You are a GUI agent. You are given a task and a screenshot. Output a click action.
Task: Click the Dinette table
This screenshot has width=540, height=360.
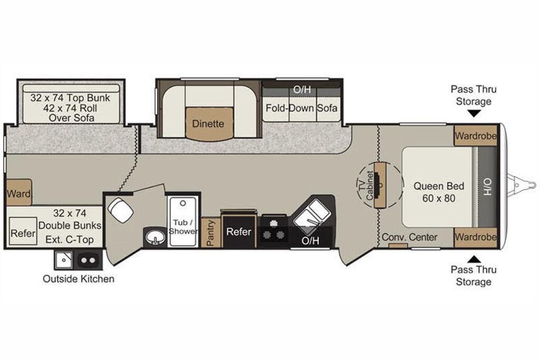[208, 124]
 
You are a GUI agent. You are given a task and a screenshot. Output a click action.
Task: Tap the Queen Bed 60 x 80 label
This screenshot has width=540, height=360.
[439, 192]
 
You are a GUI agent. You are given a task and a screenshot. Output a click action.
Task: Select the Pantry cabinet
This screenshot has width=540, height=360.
[211, 232]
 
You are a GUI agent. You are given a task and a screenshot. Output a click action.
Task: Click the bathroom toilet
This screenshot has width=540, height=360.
[120, 210]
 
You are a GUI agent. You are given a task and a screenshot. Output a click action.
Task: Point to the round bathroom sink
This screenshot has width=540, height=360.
[155, 237]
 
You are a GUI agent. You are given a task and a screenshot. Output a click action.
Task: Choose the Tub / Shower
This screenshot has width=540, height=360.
[183, 221]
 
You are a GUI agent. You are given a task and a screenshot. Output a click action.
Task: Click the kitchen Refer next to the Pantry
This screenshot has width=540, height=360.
[239, 231]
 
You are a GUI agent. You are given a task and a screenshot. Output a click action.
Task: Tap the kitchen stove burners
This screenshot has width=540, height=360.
[274, 230]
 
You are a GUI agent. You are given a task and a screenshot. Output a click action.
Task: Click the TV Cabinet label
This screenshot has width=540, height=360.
[366, 187]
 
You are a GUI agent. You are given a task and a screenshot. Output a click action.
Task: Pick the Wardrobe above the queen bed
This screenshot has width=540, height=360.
[475, 135]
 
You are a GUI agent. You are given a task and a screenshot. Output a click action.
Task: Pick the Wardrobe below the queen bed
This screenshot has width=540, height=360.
[475, 237]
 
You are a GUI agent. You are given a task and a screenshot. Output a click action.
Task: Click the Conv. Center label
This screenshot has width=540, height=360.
[409, 237]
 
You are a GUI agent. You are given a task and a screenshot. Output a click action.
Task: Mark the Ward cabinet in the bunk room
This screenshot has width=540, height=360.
[19, 193]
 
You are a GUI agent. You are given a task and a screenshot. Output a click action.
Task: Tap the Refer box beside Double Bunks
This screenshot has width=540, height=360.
[23, 231]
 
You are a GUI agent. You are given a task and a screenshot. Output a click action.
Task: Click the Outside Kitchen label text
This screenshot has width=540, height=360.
[79, 278]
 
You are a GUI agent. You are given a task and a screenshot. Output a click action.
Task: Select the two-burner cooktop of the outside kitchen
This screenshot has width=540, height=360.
[88, 260]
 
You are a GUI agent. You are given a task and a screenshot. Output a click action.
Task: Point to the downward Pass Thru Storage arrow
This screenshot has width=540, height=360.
[474, 113]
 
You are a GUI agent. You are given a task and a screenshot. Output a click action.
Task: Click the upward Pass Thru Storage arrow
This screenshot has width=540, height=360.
[474, 259]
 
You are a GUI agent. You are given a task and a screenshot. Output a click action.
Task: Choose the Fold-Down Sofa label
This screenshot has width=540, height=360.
[301, 108]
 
